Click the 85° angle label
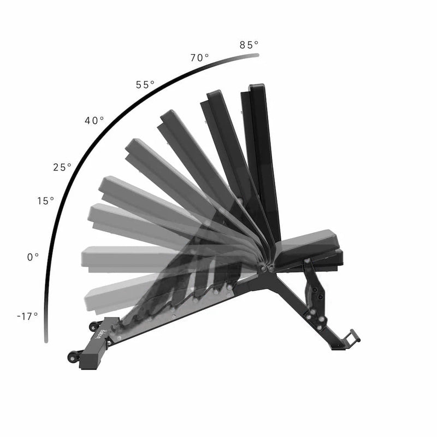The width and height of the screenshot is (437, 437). (249, 45)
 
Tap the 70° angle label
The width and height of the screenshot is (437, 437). (199, 58)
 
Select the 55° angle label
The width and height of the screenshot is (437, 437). (145, 85)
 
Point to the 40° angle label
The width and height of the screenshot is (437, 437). (94, 121)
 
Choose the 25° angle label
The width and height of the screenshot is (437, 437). (62, 167)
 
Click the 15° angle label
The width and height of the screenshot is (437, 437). (46, 200)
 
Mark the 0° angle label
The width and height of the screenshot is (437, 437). (33, 257)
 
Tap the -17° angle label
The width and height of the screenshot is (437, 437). (27, 316)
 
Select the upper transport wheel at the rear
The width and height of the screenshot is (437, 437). (93, 326)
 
